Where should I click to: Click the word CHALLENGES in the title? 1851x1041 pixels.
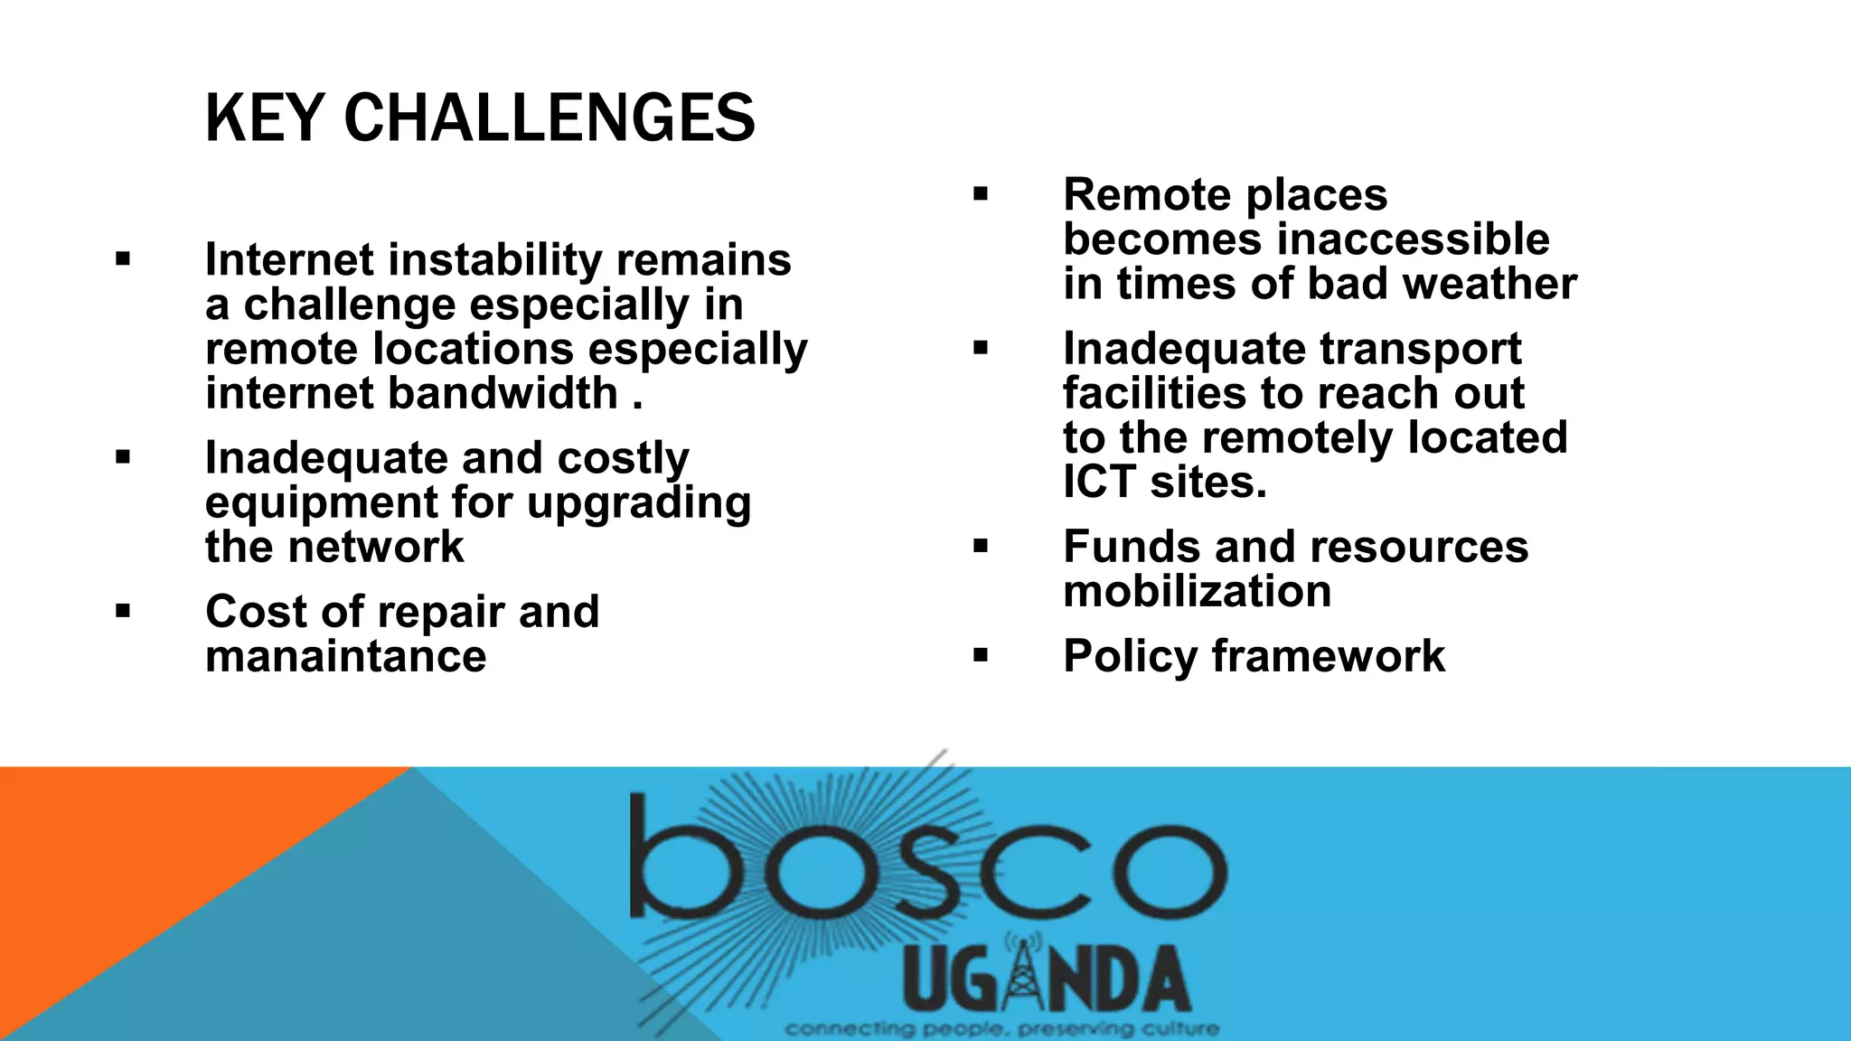(x=549, y=118)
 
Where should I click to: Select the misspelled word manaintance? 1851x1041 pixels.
(x=345, y=656)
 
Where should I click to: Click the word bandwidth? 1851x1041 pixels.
(x=503, y=393)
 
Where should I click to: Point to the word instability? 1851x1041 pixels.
(x=495, y=260)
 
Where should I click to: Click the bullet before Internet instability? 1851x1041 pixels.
(x=123, y=260)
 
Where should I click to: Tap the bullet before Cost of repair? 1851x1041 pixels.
(x=123, y=612)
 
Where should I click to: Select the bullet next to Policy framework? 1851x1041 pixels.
(x=981, y=655)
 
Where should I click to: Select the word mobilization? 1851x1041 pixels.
(x=1197, y=592)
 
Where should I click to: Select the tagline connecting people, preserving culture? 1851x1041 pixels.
(x=1001, y=1028)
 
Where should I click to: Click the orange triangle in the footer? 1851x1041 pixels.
(x=136, y=858)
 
